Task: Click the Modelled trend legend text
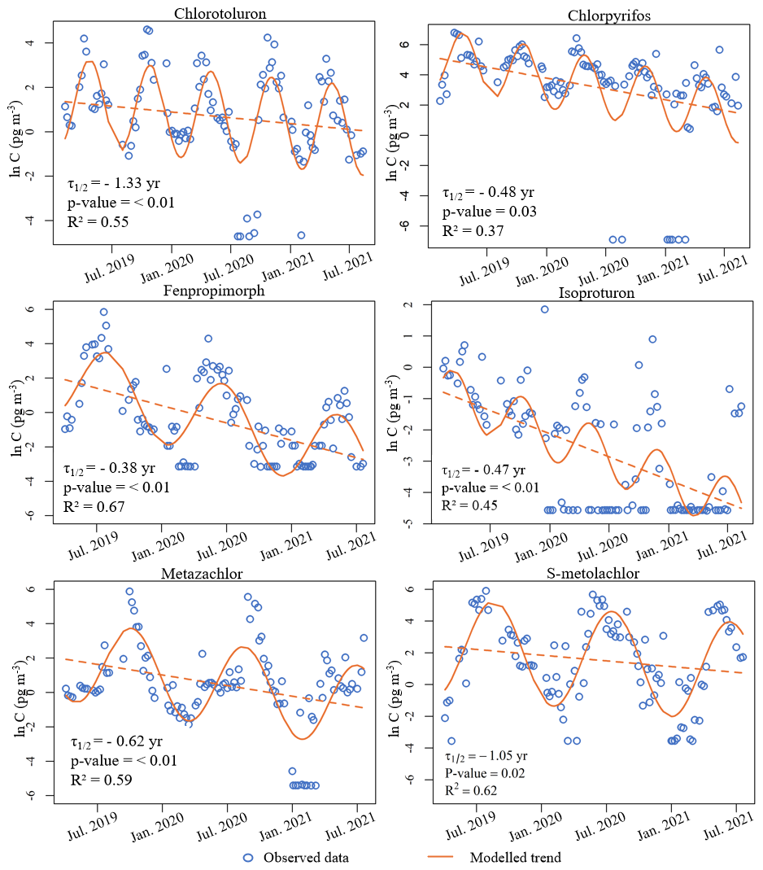(x=515, y=857)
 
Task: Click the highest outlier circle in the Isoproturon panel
(x=544, y=309)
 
